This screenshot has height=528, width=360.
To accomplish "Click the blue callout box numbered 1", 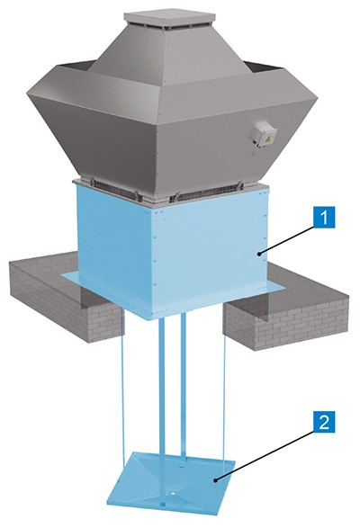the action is (x=324, y=218).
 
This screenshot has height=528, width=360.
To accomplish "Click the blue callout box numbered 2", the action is (x=324, y=423).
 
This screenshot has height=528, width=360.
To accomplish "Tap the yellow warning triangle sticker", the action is (x=269, y=139).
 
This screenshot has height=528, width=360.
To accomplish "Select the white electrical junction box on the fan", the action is (x=265, y=135).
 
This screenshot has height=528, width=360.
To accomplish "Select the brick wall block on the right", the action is (x=286, y=317).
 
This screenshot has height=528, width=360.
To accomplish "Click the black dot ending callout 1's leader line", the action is (x=259, y=254).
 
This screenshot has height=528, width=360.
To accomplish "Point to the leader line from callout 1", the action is (x=286, y=240).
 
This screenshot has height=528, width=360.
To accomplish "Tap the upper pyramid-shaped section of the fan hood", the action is (x=162, y=50).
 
